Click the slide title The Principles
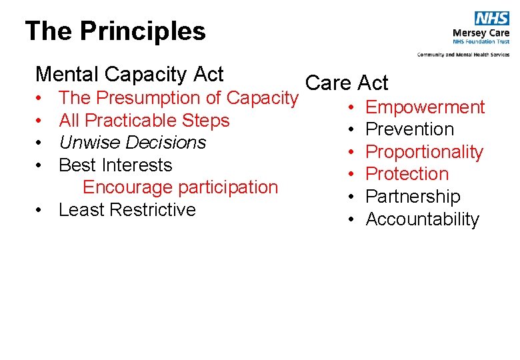[x=115, y=31]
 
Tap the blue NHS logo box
[x=492, y=19]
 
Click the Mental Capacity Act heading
[x=129, y=74]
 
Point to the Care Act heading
[x=346, y=83]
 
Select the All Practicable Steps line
[x=144, y=121]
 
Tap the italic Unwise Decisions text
[x=133, y=143]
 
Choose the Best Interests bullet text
[x=115, y=165]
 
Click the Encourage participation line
[x=180, y=187]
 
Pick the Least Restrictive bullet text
[x=127, y=210]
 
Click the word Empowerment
[x=425, y=107]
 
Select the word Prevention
[x=409, y=129]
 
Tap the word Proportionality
[x=424, y=152]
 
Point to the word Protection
[x=407, y=174]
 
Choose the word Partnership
[x=413, y=197]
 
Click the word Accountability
[x=422, y=219]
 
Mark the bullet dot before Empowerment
[x=351, y=107]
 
